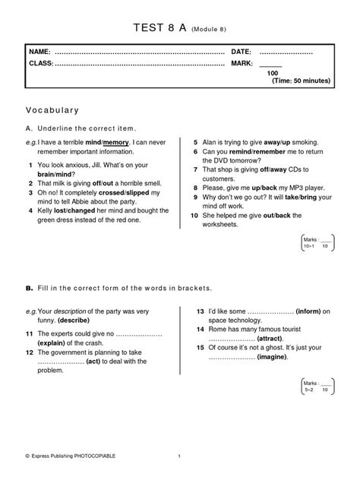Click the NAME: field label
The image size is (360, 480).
click(x=39, y=51)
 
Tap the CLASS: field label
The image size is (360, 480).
click(x=40, y=62)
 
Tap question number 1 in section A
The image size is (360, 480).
click(x=30, y=165)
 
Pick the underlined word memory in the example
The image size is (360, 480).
click(x=115, y=142)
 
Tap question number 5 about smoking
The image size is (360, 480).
click(x=196, y=142)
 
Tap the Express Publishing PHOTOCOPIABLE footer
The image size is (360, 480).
click(x=71, y=456)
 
